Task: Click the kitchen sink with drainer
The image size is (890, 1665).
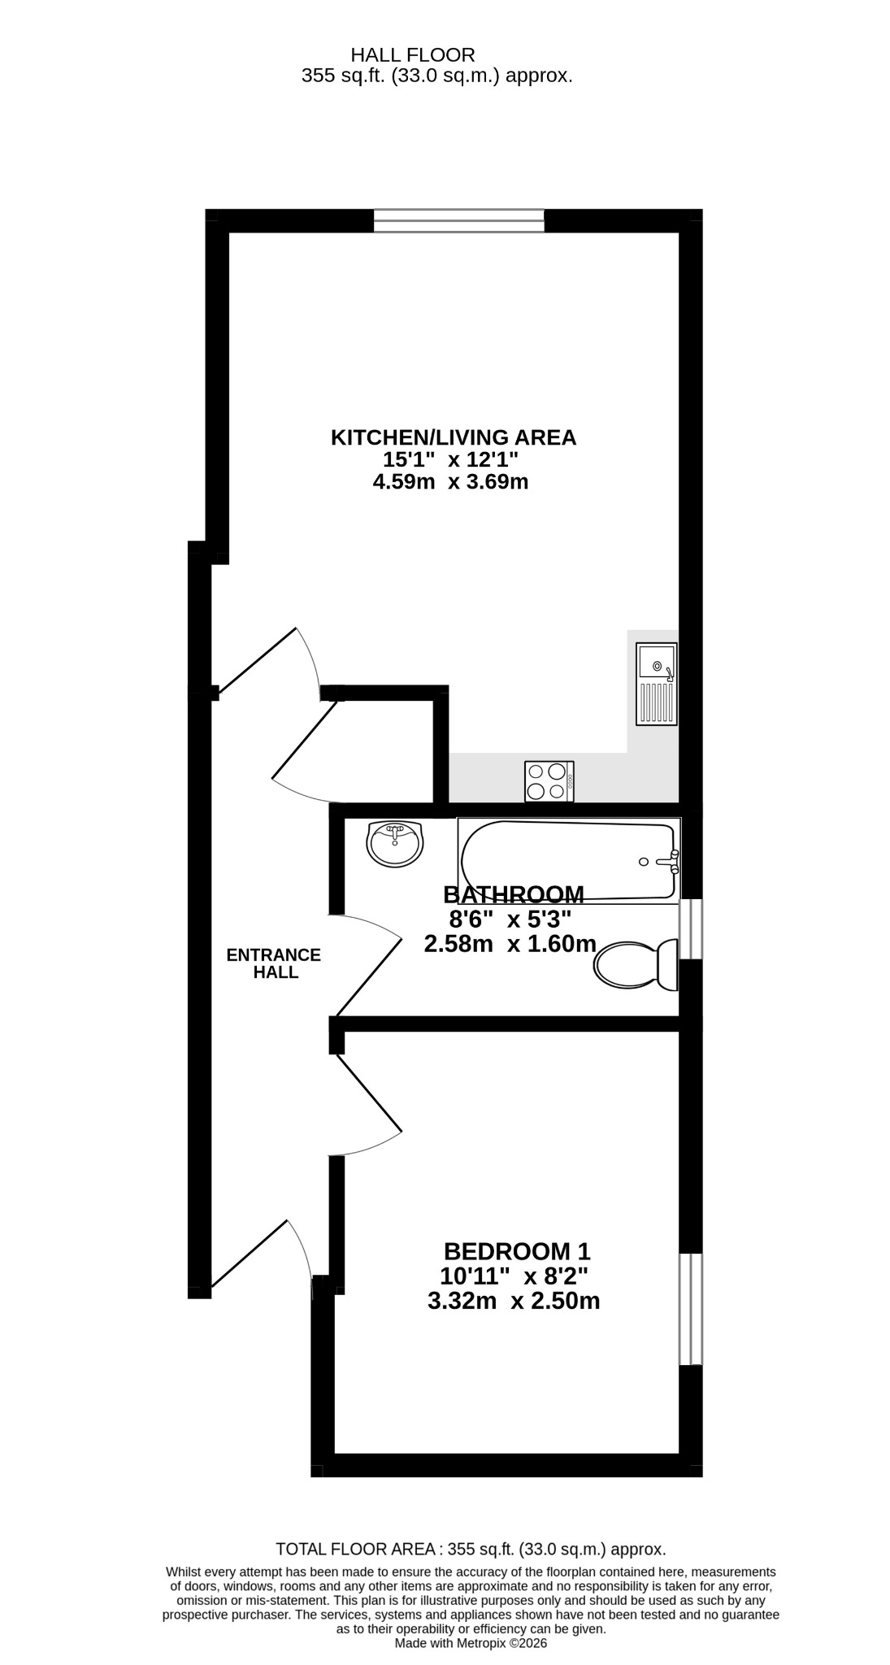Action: [657, 684]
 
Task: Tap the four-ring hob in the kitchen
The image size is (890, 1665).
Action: [549, 781]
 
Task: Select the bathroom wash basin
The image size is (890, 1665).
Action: [395, 844]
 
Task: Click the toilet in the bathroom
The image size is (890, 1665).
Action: [636, 965]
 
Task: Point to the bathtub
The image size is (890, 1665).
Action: [569, 860]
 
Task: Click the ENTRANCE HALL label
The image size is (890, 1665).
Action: [274, 963]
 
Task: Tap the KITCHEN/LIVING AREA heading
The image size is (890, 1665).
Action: [454, 437]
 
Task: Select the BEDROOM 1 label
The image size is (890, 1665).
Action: [517, 1250]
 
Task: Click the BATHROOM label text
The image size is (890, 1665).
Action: [514, 894]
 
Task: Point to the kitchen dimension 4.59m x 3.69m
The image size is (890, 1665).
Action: [450, 482]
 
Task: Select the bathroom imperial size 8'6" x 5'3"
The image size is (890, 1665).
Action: [510, 919]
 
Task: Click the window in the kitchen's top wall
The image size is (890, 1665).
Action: [459, 220]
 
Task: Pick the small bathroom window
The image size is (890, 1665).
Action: [691, 928]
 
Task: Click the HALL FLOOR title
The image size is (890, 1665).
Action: [413, 55]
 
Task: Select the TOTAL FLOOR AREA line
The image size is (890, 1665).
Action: [471, 1550]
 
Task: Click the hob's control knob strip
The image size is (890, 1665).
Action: [571, 781]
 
